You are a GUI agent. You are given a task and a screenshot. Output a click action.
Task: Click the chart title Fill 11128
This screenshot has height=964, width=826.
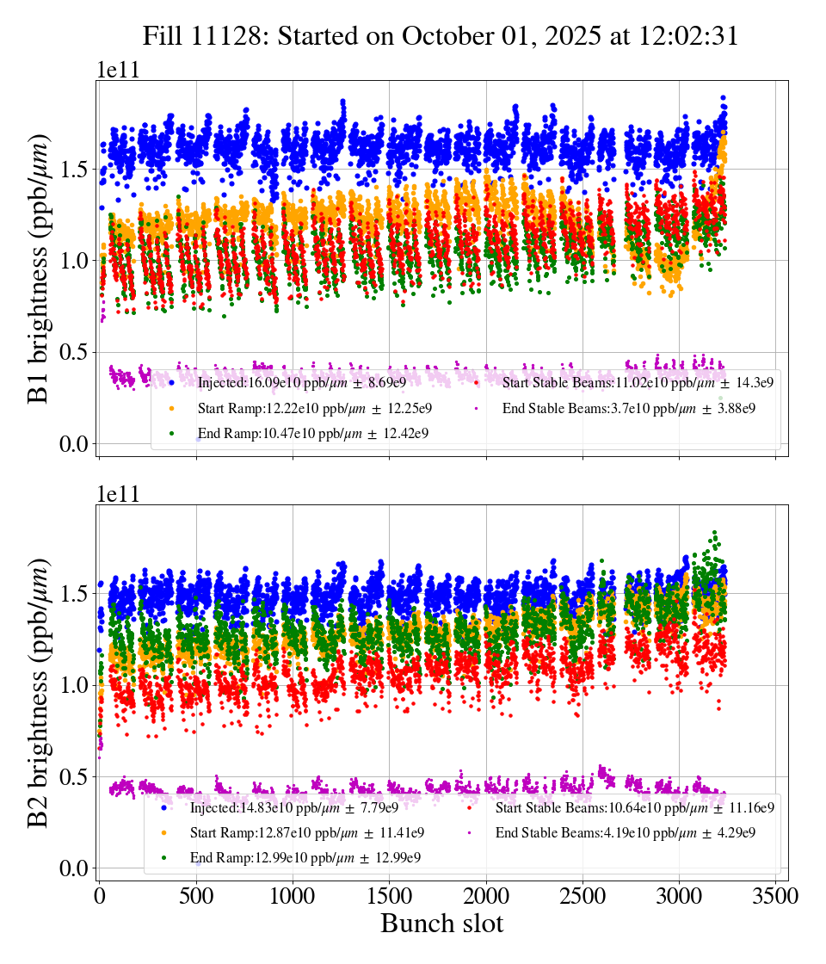pyautogui.click(x=441, y=36)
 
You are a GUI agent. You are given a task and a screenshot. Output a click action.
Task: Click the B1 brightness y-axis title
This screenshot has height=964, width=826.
pyautogui.click(x=39, y=269)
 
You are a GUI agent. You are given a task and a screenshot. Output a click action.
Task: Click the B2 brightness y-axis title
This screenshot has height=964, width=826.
pyautogui.click(x=39, y=693)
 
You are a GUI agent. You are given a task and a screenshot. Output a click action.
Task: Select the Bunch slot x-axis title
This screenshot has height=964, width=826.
pyautogui.click(x=441, y=924)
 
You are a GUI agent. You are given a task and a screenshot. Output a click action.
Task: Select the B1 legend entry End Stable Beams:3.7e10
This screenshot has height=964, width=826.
pyautogui.click(x=628, y=408)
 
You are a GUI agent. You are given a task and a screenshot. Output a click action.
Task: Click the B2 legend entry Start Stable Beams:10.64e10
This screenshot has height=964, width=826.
pyautogui.click(x=635, y=807)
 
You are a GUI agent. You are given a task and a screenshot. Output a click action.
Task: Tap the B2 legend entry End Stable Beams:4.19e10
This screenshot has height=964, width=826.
pyautogui.click(x=626, y=832)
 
